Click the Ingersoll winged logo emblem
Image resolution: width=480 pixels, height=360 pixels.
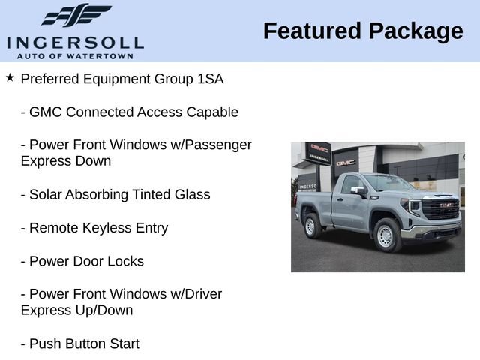(76, 15)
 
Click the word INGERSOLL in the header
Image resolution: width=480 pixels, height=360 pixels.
(75, 42)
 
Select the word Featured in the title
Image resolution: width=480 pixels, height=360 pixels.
(312, 31)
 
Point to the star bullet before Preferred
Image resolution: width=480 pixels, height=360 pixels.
(10, 78)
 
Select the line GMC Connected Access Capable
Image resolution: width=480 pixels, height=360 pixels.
(129, 112)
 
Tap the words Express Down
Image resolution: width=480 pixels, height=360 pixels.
(66, 161)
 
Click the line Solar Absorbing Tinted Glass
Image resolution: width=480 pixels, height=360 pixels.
(115, 195)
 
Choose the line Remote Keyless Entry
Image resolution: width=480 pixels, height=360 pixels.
(94, 228)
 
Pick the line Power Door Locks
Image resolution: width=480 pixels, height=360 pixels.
(82, 262)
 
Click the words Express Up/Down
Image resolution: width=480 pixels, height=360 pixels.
(77, 310)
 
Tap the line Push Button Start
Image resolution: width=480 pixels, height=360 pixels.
(80, 344)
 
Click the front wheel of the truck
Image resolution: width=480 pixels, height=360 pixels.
(385, 235)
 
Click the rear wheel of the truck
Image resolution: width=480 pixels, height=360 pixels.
(313, 226)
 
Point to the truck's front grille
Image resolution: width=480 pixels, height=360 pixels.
(440, 210)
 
